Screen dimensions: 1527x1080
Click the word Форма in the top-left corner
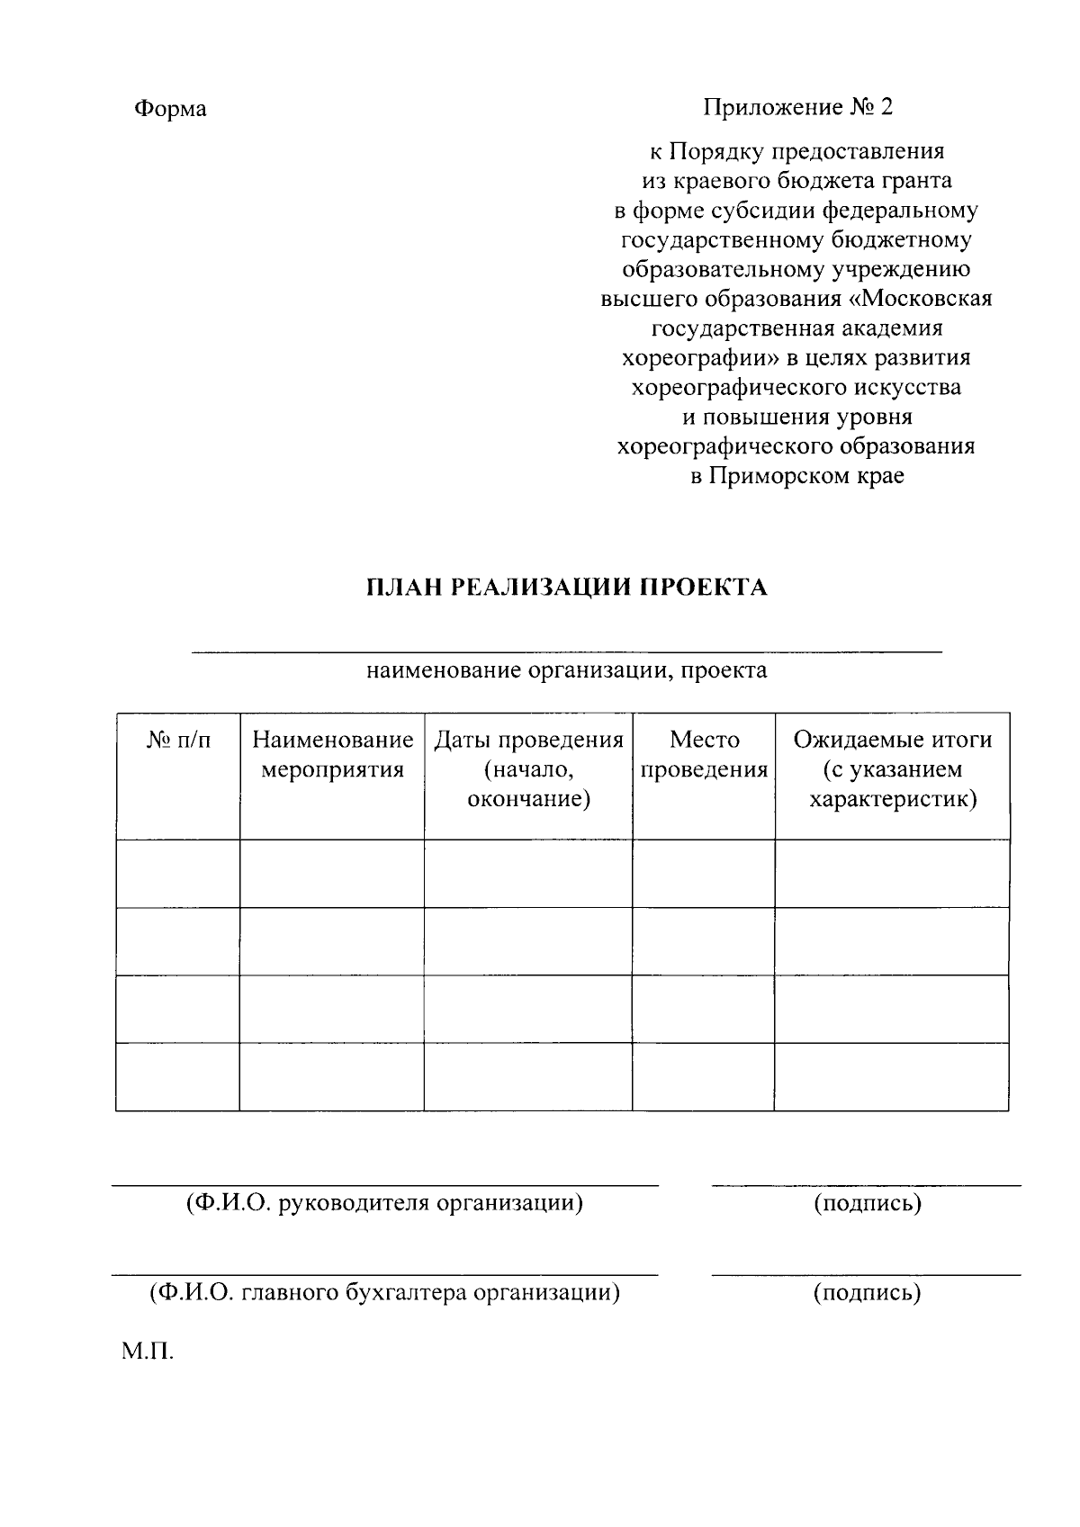(x=170, y=109)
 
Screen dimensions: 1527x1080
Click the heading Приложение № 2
(x=797, y=108)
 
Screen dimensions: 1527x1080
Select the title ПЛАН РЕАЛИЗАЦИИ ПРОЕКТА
(x=566, y=588)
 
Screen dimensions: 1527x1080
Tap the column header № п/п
(x=178, y=741)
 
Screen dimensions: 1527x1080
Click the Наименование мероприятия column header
(x=332, y=755)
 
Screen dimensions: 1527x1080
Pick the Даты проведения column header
(x=528, y=769)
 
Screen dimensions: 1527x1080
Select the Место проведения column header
(x=704, y=755)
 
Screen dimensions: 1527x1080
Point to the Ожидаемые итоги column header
(x=892, y=769)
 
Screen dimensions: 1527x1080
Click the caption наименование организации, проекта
(x=566, y=670)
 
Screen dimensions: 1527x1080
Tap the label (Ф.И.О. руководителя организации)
(x=384, y=1203)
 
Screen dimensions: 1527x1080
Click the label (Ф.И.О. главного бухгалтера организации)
(x=384, y=1293)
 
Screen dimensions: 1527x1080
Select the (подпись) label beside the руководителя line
(x=867, y=1203)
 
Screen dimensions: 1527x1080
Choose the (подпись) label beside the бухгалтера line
(x=867, y=1293)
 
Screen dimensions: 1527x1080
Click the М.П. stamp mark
(x=147, y=1352)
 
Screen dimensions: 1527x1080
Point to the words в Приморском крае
(x=797, y=476)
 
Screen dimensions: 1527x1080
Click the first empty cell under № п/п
(x=178, y=874)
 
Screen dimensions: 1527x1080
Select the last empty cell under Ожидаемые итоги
(x=892, y=1076)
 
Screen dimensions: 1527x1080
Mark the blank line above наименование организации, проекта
(x=566, y=650)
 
